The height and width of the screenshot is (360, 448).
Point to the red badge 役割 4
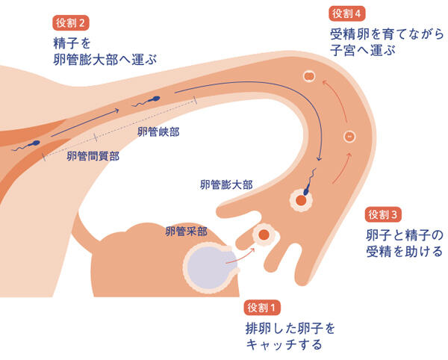tap(349, 13)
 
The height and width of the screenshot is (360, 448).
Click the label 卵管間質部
tap(93, 156)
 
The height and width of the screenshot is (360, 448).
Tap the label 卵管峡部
tap(158, 132)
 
